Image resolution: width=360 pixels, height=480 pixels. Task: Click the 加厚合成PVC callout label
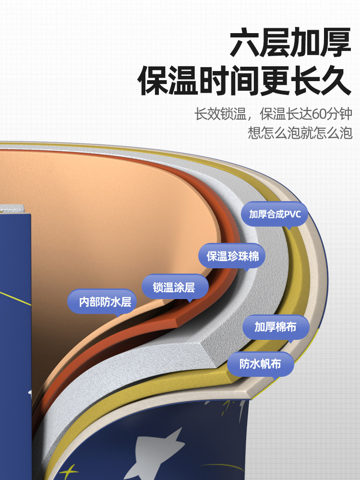point(275,214)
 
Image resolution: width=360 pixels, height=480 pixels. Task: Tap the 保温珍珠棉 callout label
point(232,256)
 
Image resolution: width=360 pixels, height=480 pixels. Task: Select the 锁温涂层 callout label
point(174,288)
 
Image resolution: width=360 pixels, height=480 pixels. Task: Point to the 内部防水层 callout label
point(101,302)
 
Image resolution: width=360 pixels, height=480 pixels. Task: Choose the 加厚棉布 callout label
point(275,327)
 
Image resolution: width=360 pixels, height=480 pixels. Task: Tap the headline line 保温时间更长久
point(245,82)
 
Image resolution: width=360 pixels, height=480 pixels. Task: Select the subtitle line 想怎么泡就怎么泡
point(300,132)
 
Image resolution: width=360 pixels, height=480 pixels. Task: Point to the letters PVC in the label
point(292,214)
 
